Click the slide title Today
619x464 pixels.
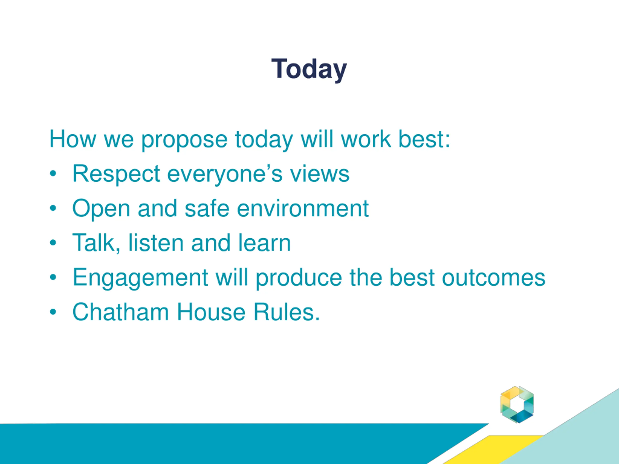pos(309,69)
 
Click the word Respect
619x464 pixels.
pos(116,174)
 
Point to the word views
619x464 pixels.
pos(320,174)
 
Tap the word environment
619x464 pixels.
pos(303,208)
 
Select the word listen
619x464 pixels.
pos(156,243)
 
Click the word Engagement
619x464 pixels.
pos(140,278)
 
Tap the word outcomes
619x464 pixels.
pos(494,278)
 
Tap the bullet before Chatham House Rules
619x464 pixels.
pos(53,312)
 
